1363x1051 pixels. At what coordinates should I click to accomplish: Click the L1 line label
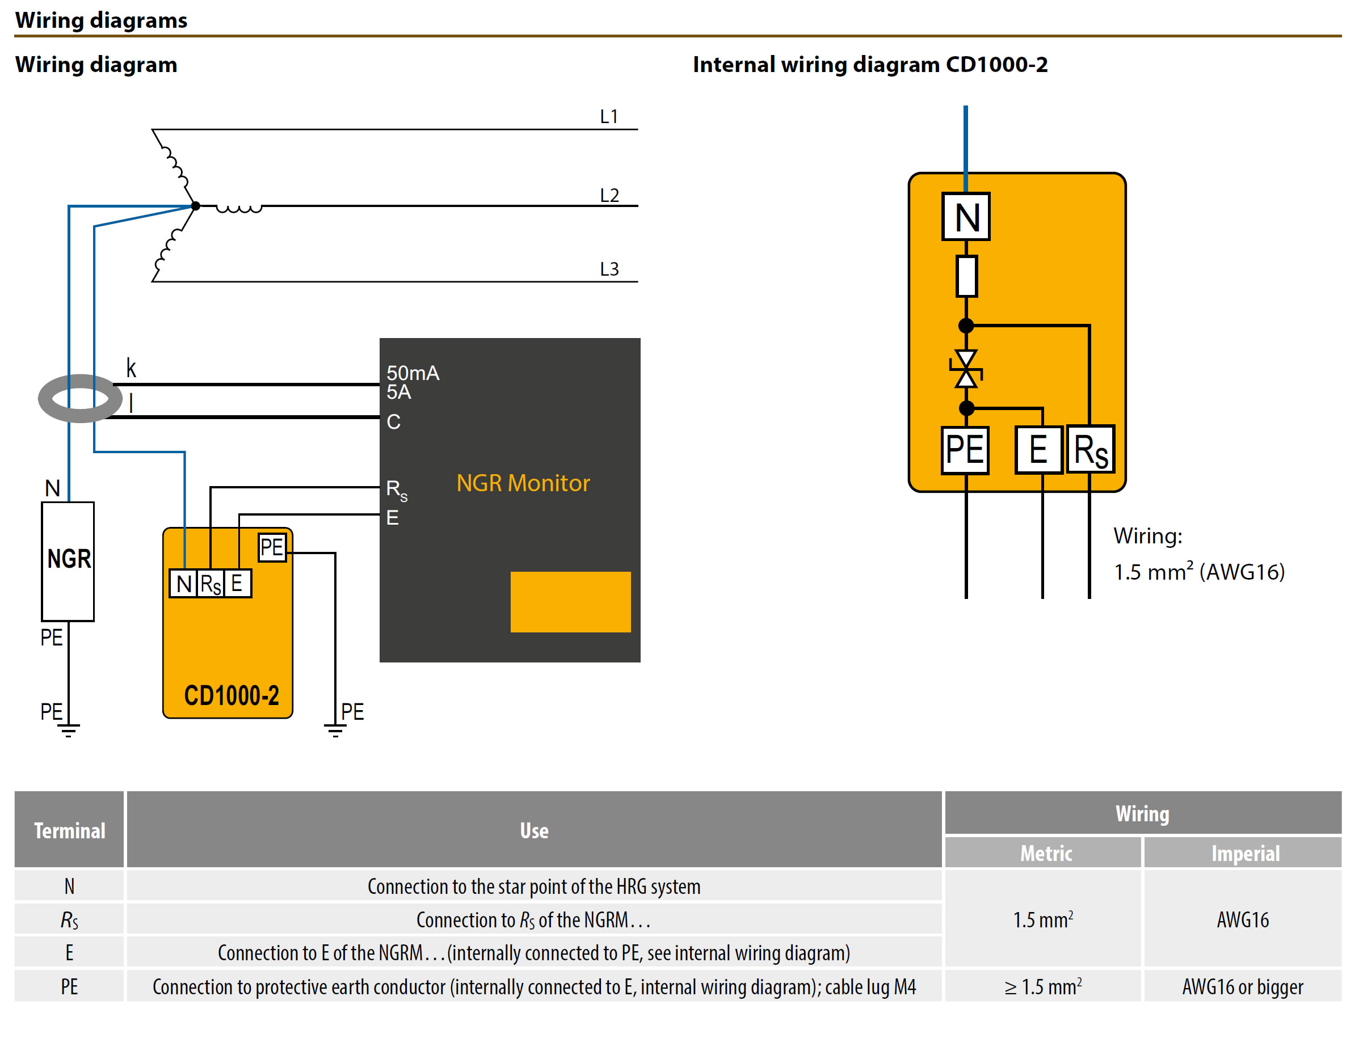tap(608, 117)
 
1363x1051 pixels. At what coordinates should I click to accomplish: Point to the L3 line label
tap(608, 269)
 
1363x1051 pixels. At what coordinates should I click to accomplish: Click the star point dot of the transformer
tap(195, 205)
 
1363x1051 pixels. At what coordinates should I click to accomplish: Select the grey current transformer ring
tap(79, 398)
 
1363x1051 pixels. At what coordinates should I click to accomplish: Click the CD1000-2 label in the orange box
tap(231, 695)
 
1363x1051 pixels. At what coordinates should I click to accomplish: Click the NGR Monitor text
tap(523, 483)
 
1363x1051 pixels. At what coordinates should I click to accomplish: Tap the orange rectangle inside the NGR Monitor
tap(570, 601)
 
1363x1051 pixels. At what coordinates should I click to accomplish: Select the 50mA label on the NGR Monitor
tap(413, 373)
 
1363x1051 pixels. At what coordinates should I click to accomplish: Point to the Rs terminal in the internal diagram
tap(1089, 449)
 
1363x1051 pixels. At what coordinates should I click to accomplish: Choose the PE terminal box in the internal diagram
tap(964, 449)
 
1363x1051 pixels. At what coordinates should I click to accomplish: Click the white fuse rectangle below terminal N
tap(966, 276)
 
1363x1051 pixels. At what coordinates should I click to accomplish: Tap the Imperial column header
tap(1244, 852)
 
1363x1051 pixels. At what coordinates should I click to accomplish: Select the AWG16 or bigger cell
tap(1242, 986)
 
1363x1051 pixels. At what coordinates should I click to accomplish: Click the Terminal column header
tap(69, 830)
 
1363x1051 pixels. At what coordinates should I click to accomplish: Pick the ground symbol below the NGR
tap(69, 730)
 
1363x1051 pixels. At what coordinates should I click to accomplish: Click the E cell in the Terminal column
tap(69, 952)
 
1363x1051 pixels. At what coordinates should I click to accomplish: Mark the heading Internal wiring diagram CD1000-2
tap(869, 64)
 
